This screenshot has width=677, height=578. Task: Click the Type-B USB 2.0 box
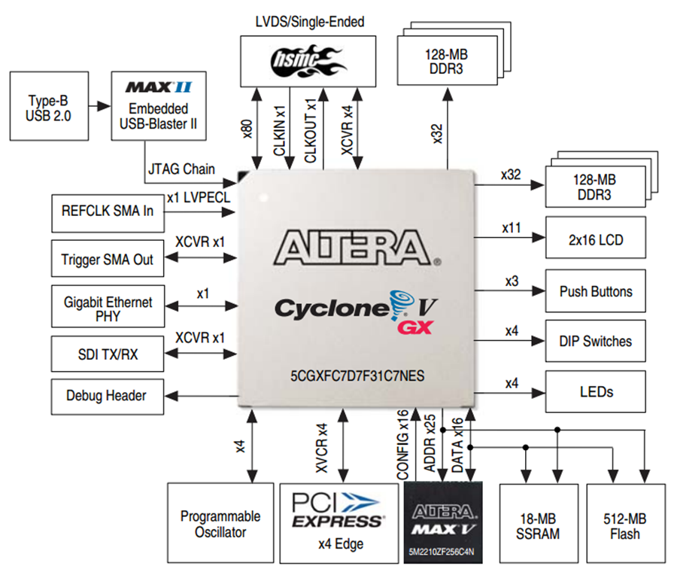[x=49, y=106]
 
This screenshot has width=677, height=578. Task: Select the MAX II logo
[x=159, y=87]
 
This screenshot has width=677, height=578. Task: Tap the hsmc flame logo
[x=308, y=61]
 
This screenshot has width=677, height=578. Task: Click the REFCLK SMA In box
[x=108, y=214]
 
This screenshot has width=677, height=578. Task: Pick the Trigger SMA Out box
[x=108, y=258]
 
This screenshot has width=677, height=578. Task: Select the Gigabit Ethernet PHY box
[x=108, y=306]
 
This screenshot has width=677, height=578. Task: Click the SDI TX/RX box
[x=108, y=354]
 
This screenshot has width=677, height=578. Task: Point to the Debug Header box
[x=108, y=397]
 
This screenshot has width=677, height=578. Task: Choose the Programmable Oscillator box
[x=220, y=523]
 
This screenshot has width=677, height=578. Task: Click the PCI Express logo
[x=338, y=510]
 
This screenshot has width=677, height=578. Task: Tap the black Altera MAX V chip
[x=443, y=523]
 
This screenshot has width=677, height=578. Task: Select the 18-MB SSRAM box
[x=539, y=524]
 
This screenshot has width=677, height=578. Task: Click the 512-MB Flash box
[x=626, y=524]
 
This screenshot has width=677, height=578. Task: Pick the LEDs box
[x=596, y=391]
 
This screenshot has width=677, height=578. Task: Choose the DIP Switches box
[x=596, y=341]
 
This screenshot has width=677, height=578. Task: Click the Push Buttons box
[x=596, y=291]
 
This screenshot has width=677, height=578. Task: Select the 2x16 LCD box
[x=596, y=238]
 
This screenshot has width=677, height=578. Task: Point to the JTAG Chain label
[x=181, y=169]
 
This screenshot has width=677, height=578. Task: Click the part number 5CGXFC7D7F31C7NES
[x=357, y=376]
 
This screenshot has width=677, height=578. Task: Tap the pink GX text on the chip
[x=415, y=327]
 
